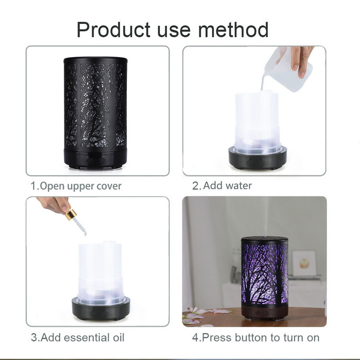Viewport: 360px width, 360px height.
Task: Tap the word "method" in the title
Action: (234, 30)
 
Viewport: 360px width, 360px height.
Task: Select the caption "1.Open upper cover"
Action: (76, 186)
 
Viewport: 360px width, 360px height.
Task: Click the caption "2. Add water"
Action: (222, 185)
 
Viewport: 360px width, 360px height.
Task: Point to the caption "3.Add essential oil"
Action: (77, 337)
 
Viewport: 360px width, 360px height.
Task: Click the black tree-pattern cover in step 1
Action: (95, 103)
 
